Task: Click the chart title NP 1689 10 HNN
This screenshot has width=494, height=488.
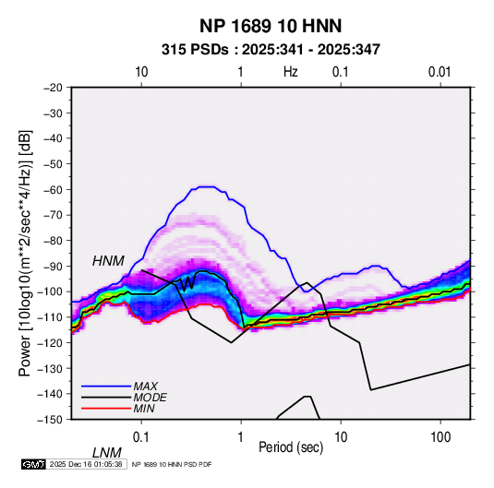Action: click(x=271, y=26)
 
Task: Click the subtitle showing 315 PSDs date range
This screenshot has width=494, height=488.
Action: click(x=271, y=50)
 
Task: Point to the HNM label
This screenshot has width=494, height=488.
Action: click(x=108, y=261)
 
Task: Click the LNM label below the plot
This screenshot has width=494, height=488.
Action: click(x=107, y=453)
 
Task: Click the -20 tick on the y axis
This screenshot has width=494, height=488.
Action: click(x=54, y=88)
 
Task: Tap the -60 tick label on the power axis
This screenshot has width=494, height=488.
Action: click(x=54, y=189)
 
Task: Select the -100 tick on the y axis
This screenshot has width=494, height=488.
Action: click(x=51, y=292)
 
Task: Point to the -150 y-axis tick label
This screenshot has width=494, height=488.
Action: click(x=51, y=420)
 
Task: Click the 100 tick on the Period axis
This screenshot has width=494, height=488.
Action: click(x=440, y=437)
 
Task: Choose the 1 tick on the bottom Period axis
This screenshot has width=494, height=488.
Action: click(x=241, y=437)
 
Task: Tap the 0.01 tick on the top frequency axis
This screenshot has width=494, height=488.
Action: click(x=440, y=72)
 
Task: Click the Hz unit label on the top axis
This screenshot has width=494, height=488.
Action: click(x=291, y=72)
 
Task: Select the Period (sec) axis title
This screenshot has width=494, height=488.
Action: click(x=291, y=447)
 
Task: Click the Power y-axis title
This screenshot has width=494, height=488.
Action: click(x=25, y=253)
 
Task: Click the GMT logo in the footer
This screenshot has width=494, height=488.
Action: click(x=33, y=464)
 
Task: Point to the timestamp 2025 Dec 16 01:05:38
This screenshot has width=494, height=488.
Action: click(x=86, y=464)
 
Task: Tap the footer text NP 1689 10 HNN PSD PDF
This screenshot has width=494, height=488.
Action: click(x=172, y=464)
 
